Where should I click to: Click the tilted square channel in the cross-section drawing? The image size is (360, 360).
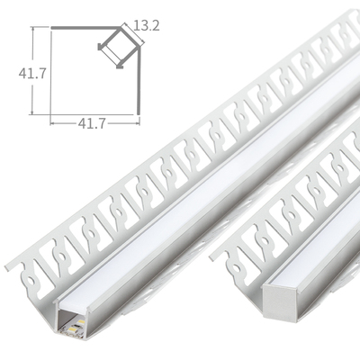pos(114,48)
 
